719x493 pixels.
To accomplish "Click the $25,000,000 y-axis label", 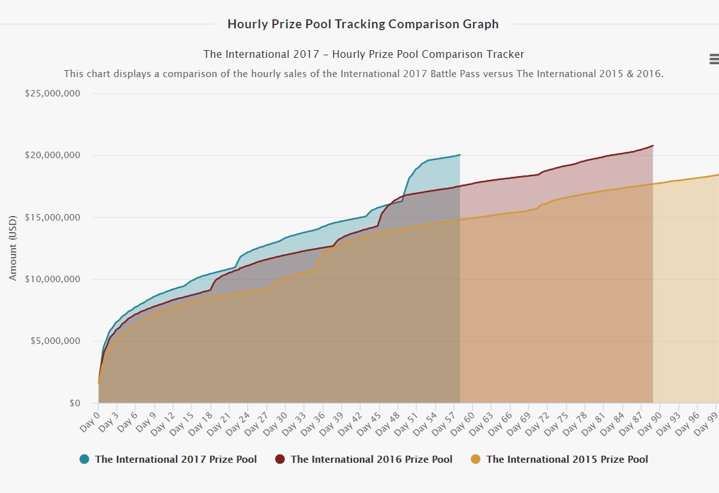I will [x=53, y=94].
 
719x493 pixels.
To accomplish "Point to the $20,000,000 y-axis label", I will [x=53, y=156].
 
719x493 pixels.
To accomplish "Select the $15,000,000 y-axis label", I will [x=53, y=217].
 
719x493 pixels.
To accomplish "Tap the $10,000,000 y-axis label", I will [x=53, y=279].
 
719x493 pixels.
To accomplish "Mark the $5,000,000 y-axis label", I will [x=55, y=341].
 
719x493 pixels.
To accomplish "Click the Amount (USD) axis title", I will [x=13, y=247].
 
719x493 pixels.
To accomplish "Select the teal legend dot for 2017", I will [x=84, y=459].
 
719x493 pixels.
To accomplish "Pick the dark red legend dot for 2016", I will [x=280, y=459].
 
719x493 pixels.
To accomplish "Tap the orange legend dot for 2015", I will [x=475, y=459].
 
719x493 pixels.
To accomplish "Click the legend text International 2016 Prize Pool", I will [x=371, y=459].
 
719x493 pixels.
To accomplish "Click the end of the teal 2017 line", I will [x=460, y=155].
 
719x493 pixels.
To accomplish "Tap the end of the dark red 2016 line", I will [x=653, y=145].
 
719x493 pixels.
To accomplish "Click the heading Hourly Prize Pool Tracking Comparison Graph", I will [x=363, y=24].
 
